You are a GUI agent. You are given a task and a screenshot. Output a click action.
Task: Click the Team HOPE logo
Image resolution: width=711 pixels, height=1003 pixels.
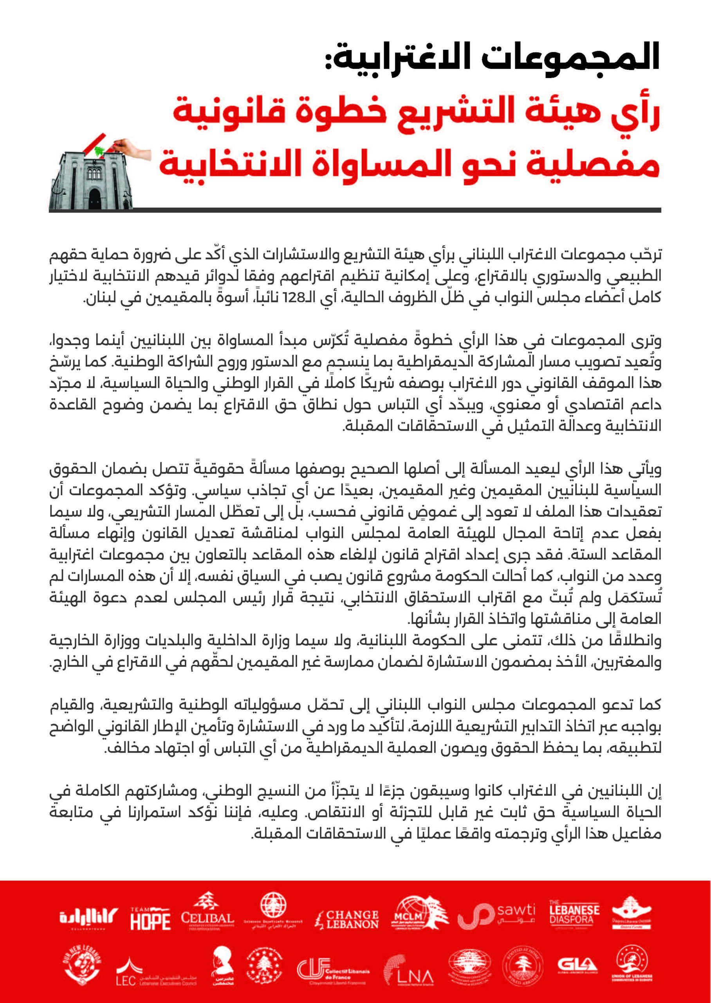[x=150, y=918]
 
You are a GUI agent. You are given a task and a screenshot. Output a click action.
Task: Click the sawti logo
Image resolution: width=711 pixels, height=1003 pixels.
[x=496, y=918]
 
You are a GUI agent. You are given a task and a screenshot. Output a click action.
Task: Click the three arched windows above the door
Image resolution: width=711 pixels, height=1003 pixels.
[x=95, y=174]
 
